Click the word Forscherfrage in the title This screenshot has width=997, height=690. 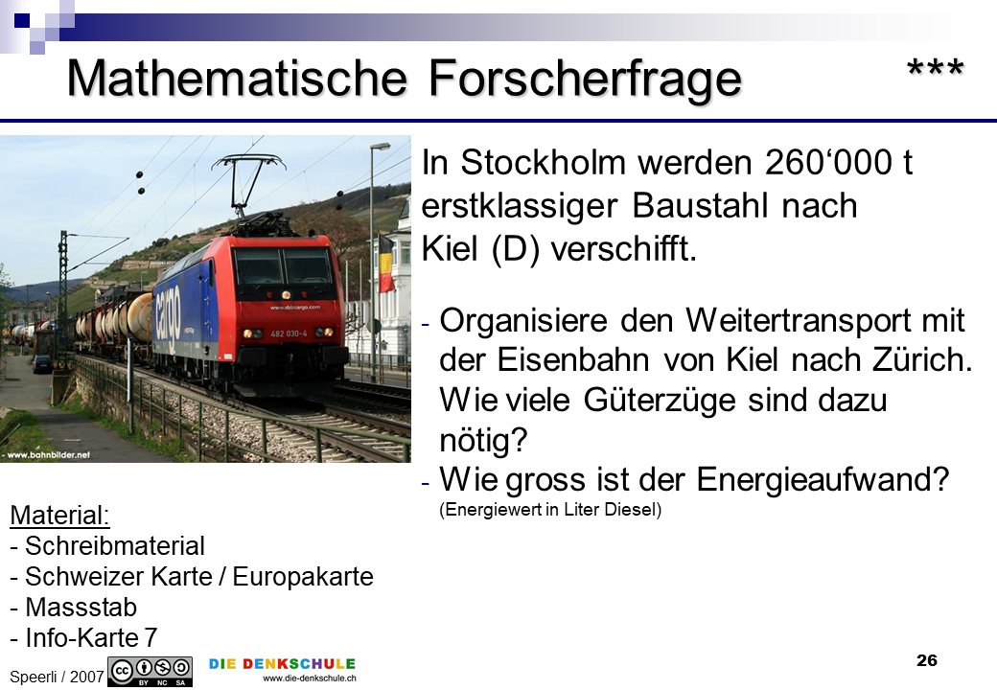coord(585,78)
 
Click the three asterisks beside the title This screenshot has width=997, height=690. coord(936,68)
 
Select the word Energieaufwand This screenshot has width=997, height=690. coord(823,480)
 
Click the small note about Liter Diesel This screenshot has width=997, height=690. coord(550,510)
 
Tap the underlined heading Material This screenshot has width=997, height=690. coord(59,516)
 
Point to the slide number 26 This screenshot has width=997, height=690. coord(926,660)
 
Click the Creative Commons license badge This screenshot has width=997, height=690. coord(151,672)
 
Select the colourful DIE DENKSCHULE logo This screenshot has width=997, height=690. coord(282,669)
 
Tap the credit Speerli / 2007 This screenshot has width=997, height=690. coord(57,677)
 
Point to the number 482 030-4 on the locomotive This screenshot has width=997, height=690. coord(289,333)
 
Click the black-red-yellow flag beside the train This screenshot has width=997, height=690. coord(386,264)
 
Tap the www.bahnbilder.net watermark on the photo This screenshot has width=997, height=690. coord(46,455)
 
